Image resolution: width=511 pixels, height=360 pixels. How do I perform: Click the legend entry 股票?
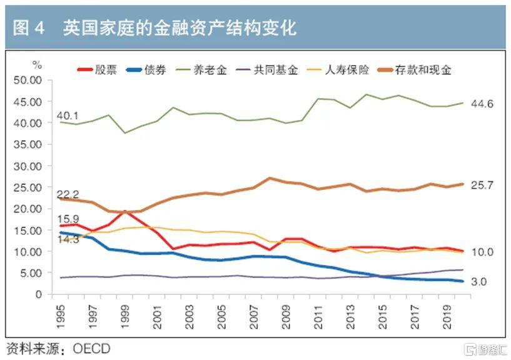[x=97, y=70]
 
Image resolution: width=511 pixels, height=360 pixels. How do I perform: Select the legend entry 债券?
[x=146, y=70]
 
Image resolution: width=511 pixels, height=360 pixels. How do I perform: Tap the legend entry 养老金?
[x=201, y=70]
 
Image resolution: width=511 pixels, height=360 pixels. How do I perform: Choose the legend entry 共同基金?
[x=266, y=70]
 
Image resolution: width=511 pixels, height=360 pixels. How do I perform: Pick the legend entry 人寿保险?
[x=338, y=70]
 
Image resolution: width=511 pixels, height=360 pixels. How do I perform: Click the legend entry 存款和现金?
[x=414, y=70]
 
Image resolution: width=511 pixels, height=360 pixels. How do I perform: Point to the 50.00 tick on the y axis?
[x=28, y=80]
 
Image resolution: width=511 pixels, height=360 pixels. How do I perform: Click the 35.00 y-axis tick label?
[x=28, y=144]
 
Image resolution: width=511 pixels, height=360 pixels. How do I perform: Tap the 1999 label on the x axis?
[x=125, y=317]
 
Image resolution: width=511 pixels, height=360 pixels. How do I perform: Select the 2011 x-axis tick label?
[x=318, y=317]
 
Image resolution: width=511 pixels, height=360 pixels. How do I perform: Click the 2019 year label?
[x=447, y=317]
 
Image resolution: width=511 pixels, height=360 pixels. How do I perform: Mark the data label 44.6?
[x=482, y=104]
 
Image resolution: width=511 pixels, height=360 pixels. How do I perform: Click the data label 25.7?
[x=482, y=185]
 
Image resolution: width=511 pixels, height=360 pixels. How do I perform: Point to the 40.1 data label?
[x=68, y=116]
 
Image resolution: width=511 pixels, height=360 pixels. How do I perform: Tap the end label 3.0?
[x=478, y=281]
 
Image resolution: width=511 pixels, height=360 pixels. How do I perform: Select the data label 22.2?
[x=68, y=194]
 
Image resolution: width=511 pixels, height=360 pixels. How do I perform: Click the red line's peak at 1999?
[x=125, y=211]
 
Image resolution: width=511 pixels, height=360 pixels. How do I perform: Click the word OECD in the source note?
[x=91, y=349]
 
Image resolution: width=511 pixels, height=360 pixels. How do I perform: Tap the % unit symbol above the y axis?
[x=37, y=65]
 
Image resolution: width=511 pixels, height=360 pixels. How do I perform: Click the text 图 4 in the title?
[x=29, y=27]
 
